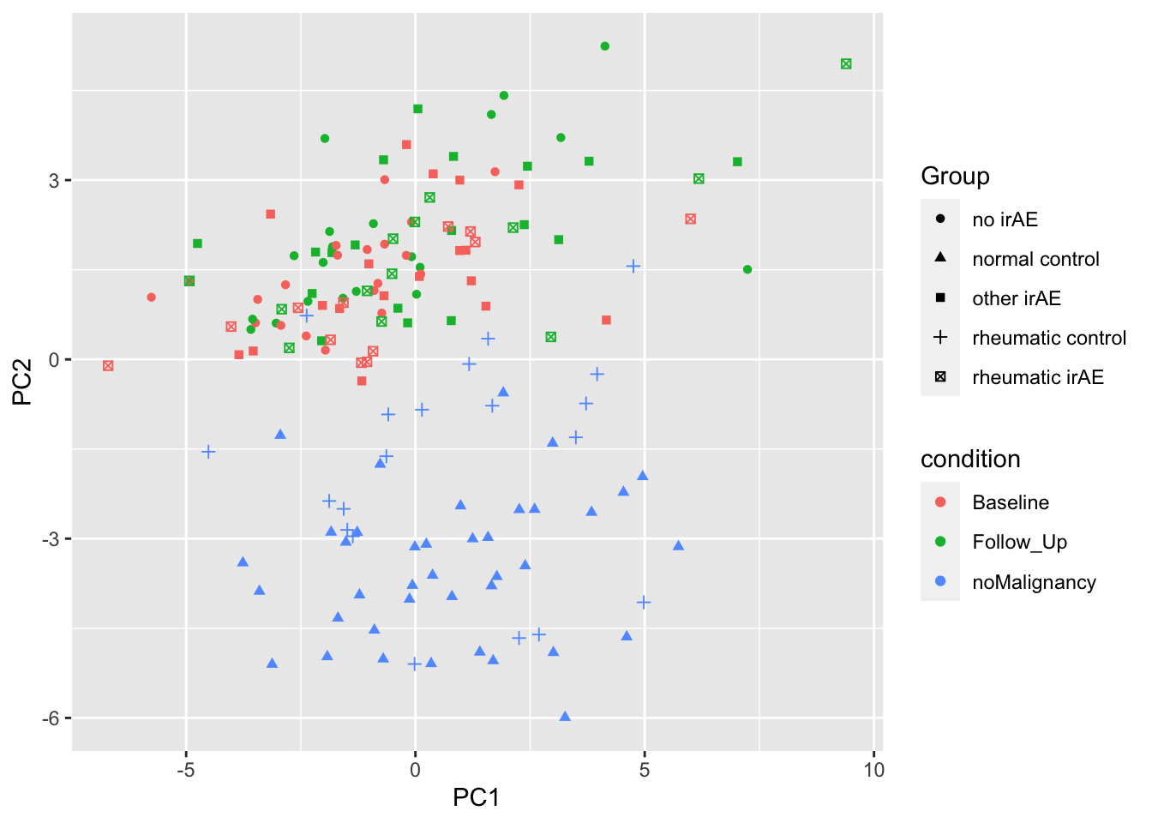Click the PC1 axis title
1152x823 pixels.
(476, 798)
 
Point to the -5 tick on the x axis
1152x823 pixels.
(186, 770)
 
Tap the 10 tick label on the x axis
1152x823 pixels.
(873, 770)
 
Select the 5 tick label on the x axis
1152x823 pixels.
(645, 770)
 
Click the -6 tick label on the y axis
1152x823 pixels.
(49, 718)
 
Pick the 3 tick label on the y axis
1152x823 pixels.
(54, 181)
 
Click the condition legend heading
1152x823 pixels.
(970, 460)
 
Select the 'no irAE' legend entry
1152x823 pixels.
(1005, 219)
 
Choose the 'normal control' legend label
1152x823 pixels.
(1035, 259)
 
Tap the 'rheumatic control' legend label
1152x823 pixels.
(1049, 338)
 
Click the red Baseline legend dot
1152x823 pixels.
(940, 502)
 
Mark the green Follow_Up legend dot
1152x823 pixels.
(940, 542)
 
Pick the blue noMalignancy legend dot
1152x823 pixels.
(940, 581)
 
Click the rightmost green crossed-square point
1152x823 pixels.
(846, 64)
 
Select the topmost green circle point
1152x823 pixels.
(605, 46)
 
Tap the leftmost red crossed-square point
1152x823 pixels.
(108, 366)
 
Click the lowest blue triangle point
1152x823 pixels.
(565, 717)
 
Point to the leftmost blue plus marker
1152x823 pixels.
(208, 452)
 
